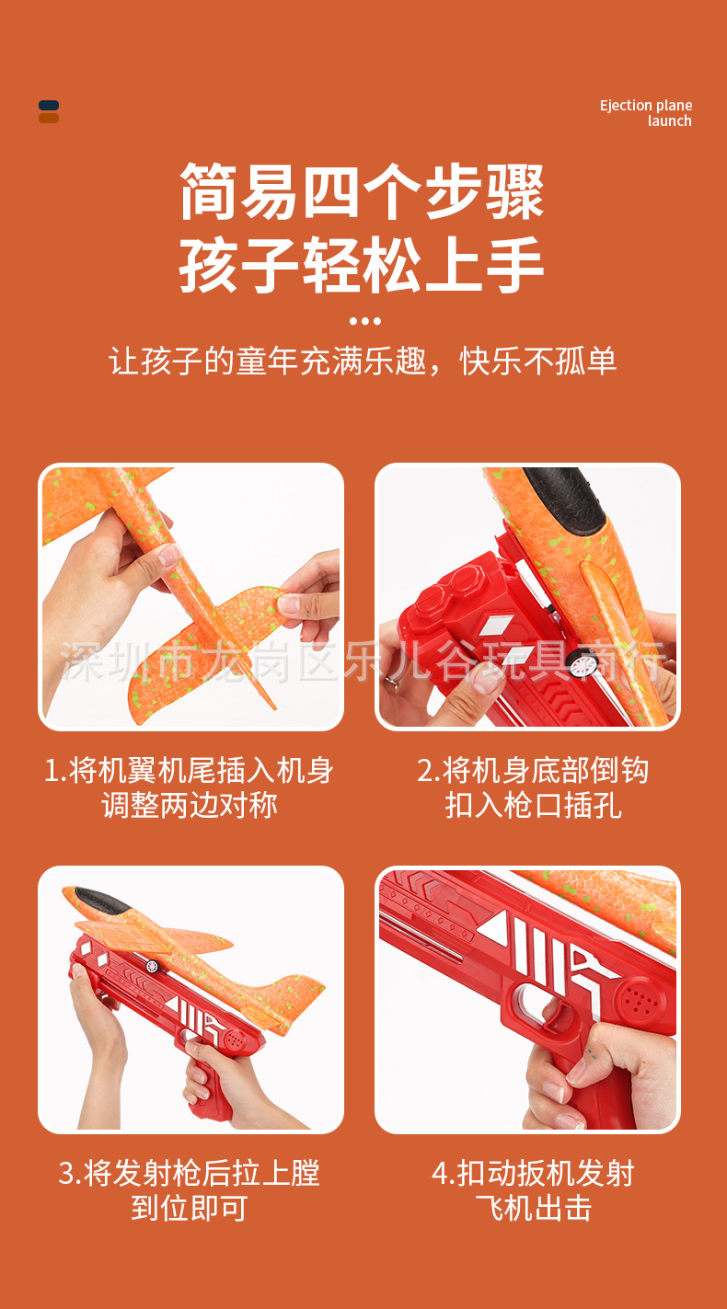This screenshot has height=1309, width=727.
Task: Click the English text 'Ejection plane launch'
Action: pyautogui.click(x=645, y=113)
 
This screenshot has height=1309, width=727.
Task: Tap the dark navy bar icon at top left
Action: pyautogui.click(x=49, y=106)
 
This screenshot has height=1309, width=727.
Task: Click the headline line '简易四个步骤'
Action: pyautogui.click(x=363, y=192)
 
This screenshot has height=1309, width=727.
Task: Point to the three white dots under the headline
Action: pyautogui.click(x=364, y=321)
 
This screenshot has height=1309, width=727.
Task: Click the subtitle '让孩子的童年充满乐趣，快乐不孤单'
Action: pyautogui.click(x=363, y=361)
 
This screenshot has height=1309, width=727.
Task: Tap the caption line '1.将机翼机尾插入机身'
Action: pyautogui.click(x=190, y=770)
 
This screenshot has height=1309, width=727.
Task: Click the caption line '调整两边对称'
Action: pyautogui.click(x=190, y=806)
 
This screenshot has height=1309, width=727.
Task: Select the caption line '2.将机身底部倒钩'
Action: pyautogui.click(x=533, y=770)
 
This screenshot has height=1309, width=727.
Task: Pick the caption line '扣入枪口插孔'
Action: pyautogui.click(x=533, y=806)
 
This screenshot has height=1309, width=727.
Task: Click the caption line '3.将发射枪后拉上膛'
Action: pyautogui.click(x=190, y=1173)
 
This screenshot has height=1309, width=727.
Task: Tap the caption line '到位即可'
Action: pyautogui.click(x=190, y=1208)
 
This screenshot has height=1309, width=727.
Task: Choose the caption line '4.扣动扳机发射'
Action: pyautogui.click(x=533, y=1173)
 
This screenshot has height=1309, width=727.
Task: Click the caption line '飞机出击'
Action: pyautogui.click(x=533, y=1208)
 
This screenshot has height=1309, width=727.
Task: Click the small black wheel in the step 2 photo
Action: pyautogui.click(x=582, y=662)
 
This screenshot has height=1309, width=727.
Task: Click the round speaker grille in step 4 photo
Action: pyautogui.click(x=637, y=998)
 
